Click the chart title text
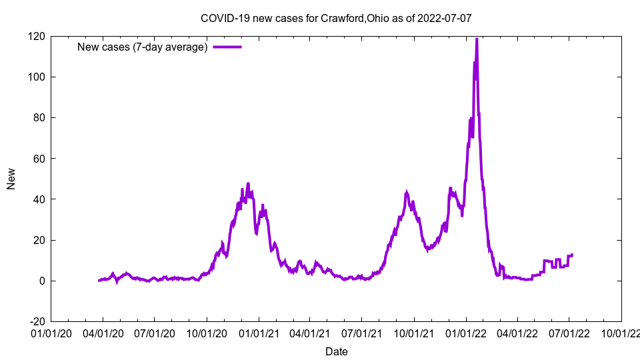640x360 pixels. [336, 18]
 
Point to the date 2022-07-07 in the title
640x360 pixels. [445, 18]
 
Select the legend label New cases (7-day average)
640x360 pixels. [143, 47]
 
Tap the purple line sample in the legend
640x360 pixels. [227, 47]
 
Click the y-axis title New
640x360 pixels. [11, 178]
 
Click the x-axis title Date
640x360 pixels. [336, 351]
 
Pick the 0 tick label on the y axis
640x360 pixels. [42, 281]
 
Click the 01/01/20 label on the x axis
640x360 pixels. [51, 332]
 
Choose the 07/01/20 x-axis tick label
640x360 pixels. [155, 332]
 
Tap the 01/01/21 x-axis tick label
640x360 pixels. [259, 332]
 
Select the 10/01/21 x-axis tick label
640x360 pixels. [414, 332]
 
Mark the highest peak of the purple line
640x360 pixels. [477, 39]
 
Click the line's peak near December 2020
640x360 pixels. [248, 183]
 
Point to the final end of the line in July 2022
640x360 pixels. [572, 255]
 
